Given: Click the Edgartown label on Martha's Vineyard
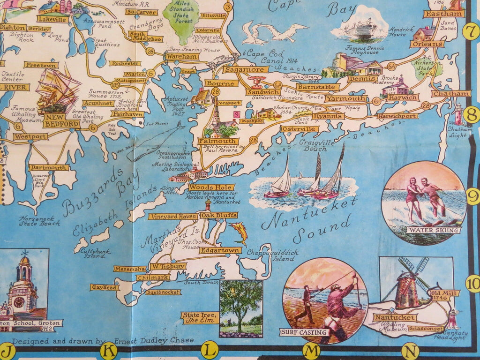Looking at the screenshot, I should pyautogui.click(x=220, y=250).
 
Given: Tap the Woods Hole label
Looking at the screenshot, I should pyautogui.click(x=204, y=187).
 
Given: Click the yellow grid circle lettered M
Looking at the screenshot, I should pyautogui.click(x=311, y=349).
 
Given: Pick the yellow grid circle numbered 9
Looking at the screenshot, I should pyautogui.click(x=473, y=196).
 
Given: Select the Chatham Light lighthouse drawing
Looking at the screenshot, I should pyautogui.click(x=458, y=114).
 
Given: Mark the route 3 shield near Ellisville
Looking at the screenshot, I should pyautogui.click(x=228, y=7).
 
